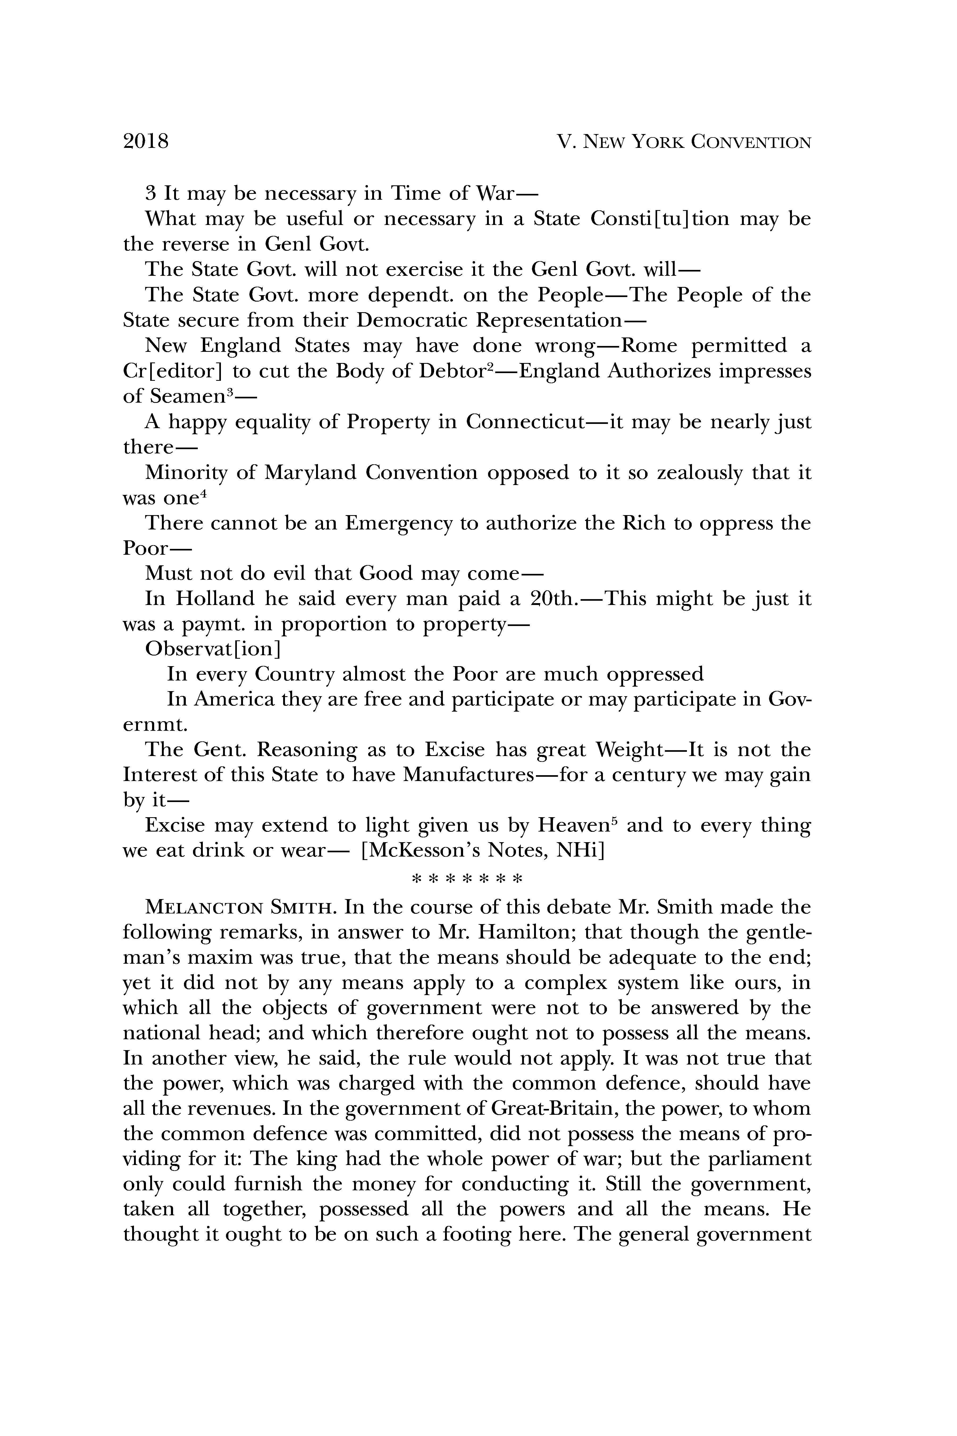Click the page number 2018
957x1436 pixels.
(146, 142)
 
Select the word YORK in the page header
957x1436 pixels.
(657, 142)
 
